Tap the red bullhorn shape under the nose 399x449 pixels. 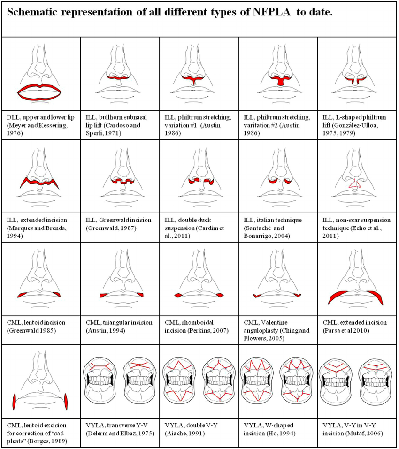coord(119,77)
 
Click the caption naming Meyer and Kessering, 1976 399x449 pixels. coord(40,125)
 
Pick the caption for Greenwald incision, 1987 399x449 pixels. coord(118,224)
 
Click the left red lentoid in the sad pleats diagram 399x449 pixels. coord(15,402)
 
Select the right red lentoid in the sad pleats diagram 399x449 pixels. coord(66,402)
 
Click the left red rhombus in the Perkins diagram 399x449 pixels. coord(178,295)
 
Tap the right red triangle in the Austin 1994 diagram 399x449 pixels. coord(140,295)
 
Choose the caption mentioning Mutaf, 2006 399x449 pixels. coord(353,429)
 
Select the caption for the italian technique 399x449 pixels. coord(273,228)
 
